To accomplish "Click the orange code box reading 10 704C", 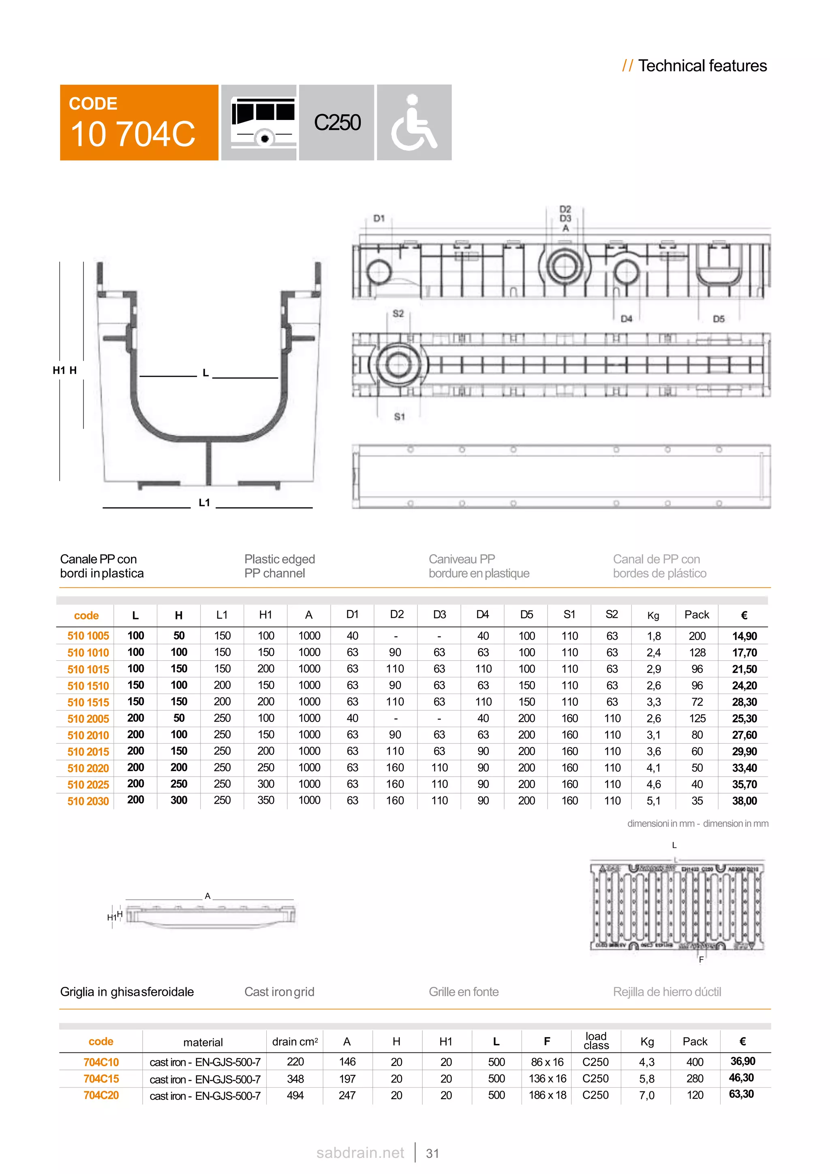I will coord(139,123).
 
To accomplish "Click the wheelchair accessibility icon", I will coord(414,123).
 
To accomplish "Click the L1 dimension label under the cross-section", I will coord(204,503).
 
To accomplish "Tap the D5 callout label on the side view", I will coord(719,319).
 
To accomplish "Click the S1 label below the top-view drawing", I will coord(400,417).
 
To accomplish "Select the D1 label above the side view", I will coord(379,219).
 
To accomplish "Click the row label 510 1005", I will coord(88,636).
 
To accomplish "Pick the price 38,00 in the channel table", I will coord(744,801).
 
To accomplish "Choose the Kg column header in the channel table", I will coord(653,616).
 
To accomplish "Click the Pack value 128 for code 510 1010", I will coord(697,653).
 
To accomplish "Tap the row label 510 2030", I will coord(88,801).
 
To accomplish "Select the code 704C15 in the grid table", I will coord(101,1079).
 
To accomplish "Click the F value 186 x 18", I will coord(547,1095).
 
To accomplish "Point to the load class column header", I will coord(596,1041).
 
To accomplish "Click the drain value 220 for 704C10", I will coord(295,1062).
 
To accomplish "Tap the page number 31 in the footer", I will coord(432,1154).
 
